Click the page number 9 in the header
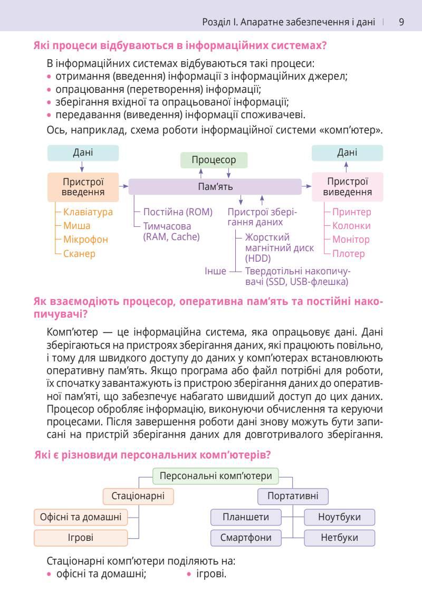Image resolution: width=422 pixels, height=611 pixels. pyautogui.click(x=401, y=22)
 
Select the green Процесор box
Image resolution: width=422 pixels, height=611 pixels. pyautogui.click(x=214, y=160)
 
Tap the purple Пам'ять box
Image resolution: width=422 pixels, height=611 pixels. pyautogui.click(x=215, y=186)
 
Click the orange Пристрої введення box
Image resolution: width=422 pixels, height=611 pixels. pyautogui.click(x=83, y=186)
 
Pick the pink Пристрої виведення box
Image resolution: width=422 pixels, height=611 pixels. pyautogui.click(x=347, y=186)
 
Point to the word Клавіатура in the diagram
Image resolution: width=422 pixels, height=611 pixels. pyautogui.click(x=88, y=212)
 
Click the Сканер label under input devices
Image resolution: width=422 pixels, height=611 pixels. pyautogui.click(x=79, y=254)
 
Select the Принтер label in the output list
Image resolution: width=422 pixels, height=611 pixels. pyautogui.click(x=351, y=212)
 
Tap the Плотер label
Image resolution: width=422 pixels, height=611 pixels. pyautogui.click(x=348, y=254)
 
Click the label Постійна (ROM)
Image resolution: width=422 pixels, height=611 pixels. pyautogui.click(x=178, y=212)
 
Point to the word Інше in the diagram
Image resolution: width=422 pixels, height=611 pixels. pyautogui.click(x=215, y=271)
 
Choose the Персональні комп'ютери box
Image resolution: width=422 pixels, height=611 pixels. pyautogui.click(x=216, y=476)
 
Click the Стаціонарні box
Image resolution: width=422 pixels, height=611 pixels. pyautogui.click(x=138, y=496)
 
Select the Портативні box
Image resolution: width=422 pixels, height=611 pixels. pyautogui.click(x=293, y=496)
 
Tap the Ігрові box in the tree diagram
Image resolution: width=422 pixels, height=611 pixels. pyautogui.click(x=81, y=538)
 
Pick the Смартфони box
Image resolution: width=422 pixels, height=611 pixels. pyautogui.click(x=245, y=538)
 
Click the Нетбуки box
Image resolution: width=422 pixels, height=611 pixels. pyautogui.click(x=339, y=538)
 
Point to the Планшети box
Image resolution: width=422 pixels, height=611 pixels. pyautogui.click(x=245, y=517)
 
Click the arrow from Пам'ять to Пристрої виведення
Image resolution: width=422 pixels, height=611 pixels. pyautogui.click(x=306, y=186)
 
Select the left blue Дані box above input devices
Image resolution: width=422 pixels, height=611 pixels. pyautogui.click(x=83, y=152)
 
